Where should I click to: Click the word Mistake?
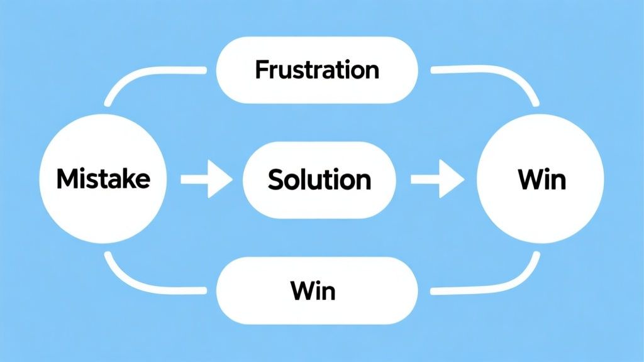coord(103,180)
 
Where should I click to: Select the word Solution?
coord(319,180)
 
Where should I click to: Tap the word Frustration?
coord(317,70)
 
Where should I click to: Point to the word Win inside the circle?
coord(541,180)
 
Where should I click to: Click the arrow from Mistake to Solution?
coord(206,180)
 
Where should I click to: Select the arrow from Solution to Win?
coord(437,180)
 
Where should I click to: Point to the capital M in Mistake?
coord(65,180)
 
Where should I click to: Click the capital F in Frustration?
coord(260,70)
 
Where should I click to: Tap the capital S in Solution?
coord(275,180)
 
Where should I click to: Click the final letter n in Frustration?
coord(372,72)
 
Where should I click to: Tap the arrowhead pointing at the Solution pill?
coord(221,180)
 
